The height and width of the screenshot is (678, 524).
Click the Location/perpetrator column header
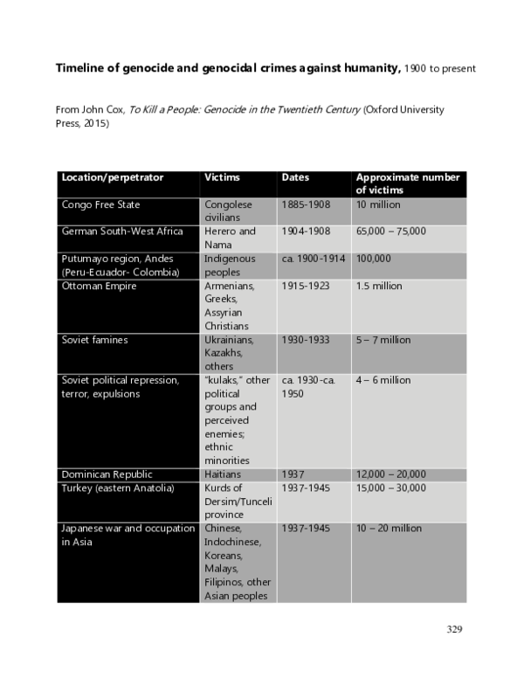coord(112,178)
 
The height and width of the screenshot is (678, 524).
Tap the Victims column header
coord(222,178)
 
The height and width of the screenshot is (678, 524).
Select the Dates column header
coord(295,178)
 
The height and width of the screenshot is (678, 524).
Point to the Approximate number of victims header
coord(407,183)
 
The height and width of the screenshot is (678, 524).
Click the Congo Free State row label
coord(100,205)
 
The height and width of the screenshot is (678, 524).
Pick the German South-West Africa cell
coord(122,232)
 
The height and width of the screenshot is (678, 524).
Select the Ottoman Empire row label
coord(99,287)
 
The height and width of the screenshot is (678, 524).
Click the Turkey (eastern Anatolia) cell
coord(118,488)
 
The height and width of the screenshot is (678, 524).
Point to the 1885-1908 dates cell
coord(306,205)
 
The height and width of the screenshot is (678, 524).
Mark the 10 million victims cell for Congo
coord(378,205)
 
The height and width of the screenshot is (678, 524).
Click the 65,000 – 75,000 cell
coord(390,232)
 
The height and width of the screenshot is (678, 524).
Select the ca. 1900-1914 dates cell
coord(314,259)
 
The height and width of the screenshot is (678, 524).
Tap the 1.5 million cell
coord(379,287)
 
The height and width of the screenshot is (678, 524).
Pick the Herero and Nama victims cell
coord(230,238)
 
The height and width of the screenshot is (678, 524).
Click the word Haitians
coord(224,474)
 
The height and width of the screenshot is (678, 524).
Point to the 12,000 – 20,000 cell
coord(390,474)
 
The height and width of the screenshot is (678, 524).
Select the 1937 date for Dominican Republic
coord(293,474)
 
